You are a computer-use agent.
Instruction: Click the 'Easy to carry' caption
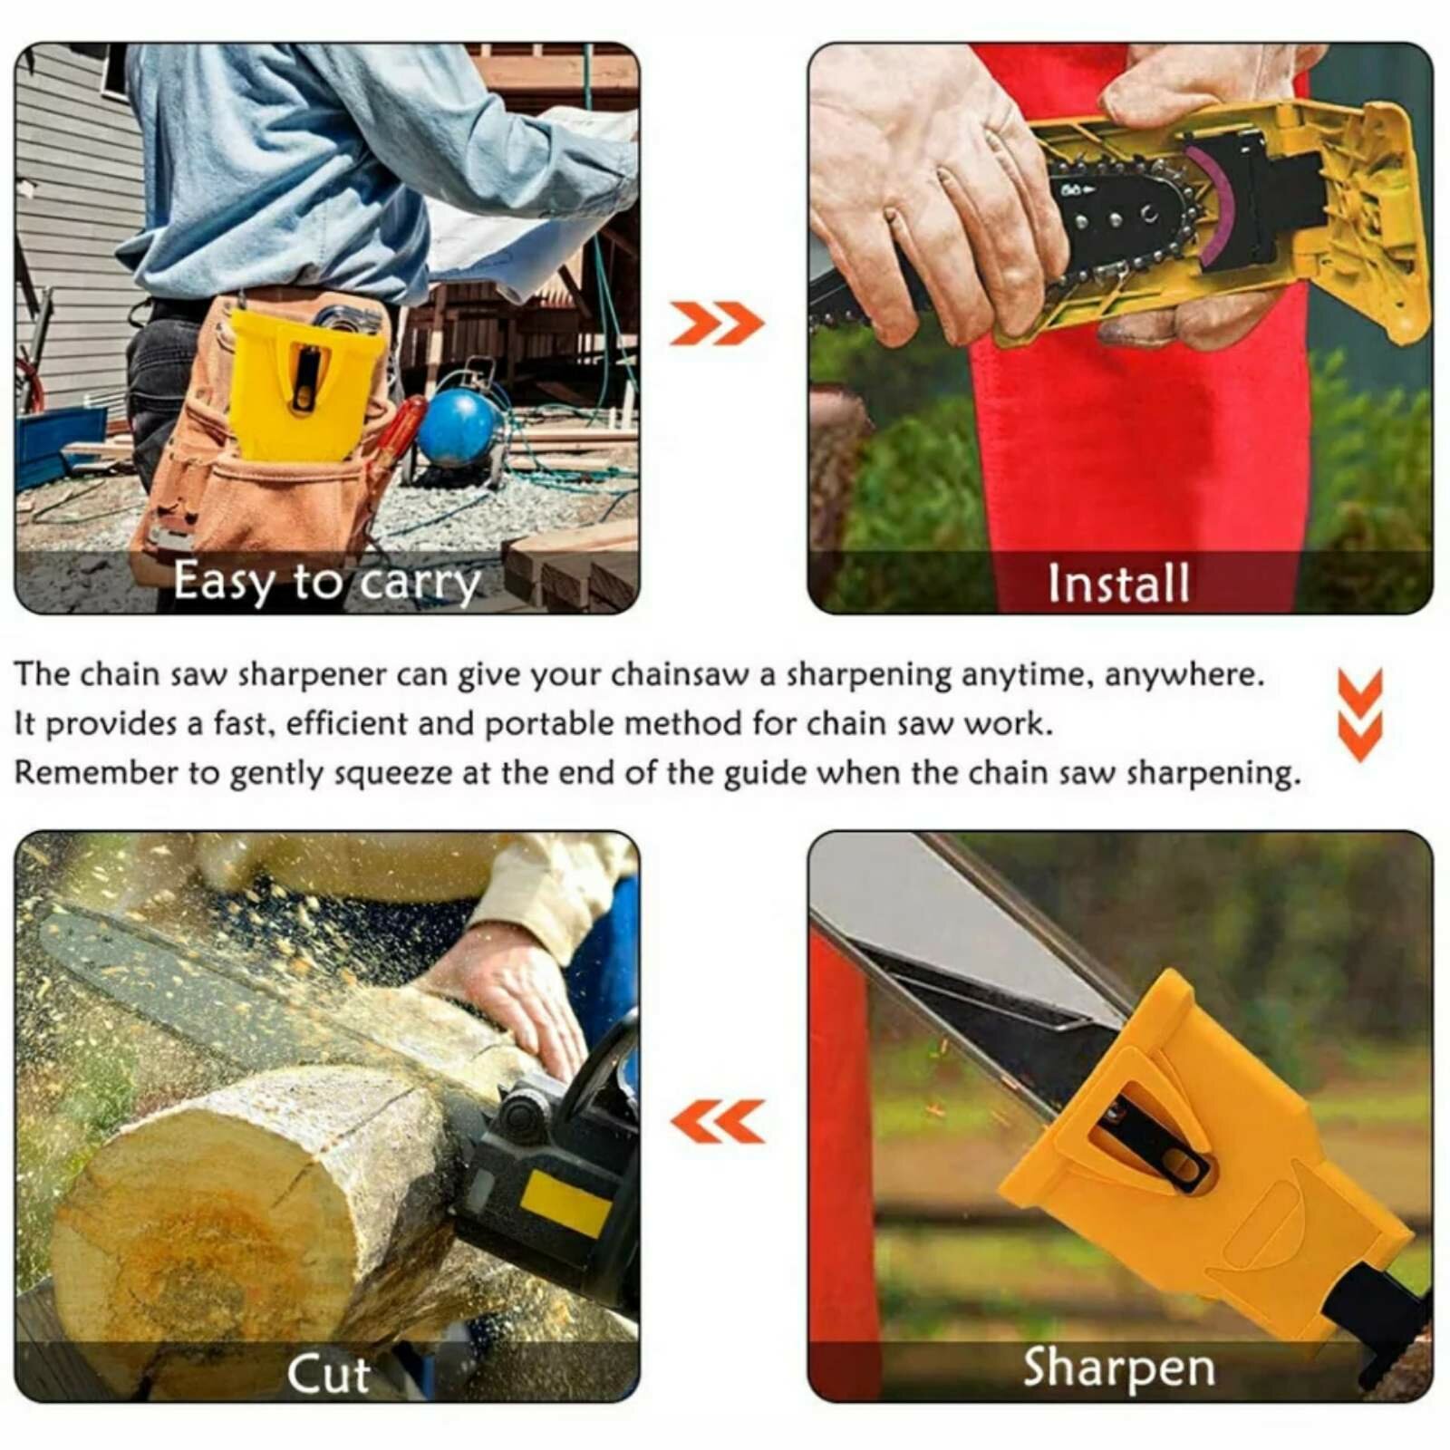click(327, 582)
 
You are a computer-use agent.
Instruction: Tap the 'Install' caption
click(1118, 583)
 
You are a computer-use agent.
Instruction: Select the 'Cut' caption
click(328, 1375)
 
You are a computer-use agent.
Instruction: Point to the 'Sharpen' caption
click(1119, 1368)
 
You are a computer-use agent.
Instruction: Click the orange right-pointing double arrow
click(716, 324)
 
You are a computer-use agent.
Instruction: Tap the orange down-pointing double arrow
click(1360, 714)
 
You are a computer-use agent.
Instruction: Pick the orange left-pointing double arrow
click(717, 1122)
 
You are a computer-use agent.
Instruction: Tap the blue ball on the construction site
click(459, 429)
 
